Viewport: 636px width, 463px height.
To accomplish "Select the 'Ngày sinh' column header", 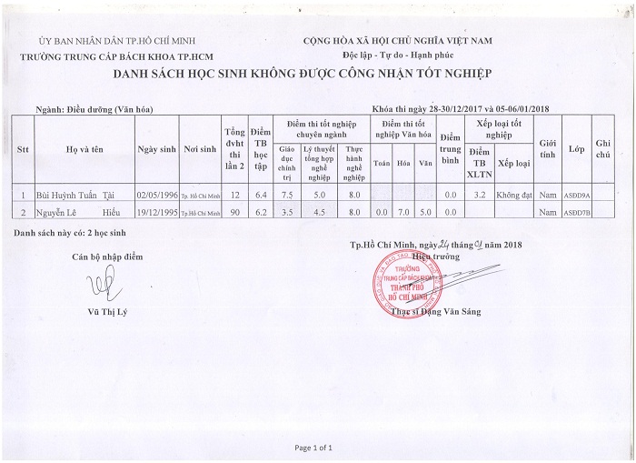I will click(x=154, y=148).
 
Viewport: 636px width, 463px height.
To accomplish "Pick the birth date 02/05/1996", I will click(x=154, y=195).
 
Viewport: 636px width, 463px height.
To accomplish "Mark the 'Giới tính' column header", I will click(x=548, y=148).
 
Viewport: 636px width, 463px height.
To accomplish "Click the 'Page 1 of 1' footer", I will click(x=314, y=448).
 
